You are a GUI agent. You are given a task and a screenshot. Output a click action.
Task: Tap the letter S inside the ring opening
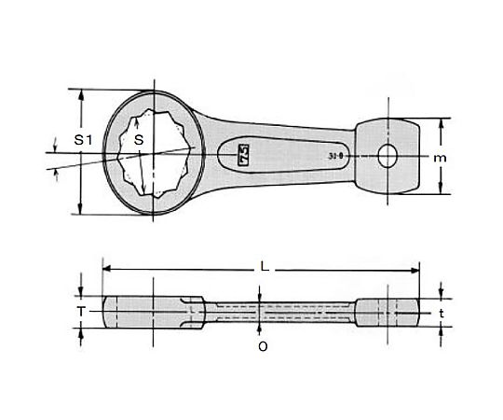138,139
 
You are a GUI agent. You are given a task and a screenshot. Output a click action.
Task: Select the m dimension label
441,158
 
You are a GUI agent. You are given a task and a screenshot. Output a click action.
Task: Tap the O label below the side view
263,344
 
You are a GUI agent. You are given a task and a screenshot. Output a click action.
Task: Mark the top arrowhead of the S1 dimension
83,94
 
